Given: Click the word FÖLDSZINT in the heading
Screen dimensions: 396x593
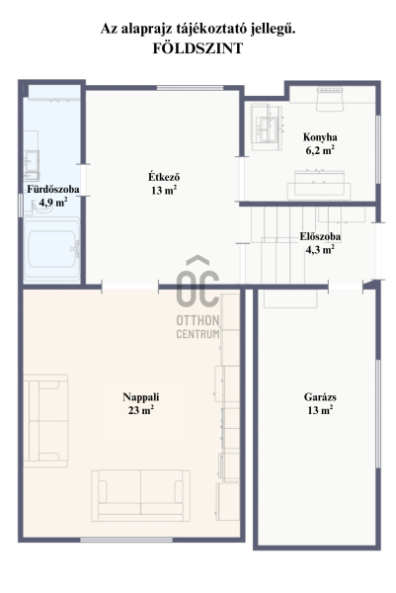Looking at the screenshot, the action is [x=198, y=48].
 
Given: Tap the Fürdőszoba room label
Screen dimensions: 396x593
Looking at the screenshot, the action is [x=53, y=189].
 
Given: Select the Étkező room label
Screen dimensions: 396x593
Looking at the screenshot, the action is [x=164, y=177].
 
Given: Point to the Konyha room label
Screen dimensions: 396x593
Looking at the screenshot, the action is [x=320, y=137].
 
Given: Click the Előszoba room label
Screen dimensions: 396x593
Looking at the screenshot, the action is [x=320, y=236].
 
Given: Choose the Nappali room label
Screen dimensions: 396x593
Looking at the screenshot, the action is [x=140, y=396].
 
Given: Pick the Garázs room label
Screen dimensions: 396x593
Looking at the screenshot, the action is [x=320, y=396].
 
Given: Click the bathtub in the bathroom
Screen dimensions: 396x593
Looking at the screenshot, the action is [x=51, y=249].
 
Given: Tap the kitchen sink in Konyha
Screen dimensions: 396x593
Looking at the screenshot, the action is [x=268, y=128].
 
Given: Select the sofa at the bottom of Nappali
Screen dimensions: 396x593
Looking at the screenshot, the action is [x=140, y=495].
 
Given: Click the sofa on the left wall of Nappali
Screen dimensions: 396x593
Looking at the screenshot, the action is [x=45, y=421].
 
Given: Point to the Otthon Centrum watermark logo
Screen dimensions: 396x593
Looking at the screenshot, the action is [x=198, y=296].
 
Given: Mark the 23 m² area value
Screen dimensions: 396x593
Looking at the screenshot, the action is [x=140, y=410].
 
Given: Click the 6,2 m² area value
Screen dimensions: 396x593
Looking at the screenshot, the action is [x=320, y=150].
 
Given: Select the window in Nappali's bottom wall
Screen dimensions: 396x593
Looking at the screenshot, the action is [x=126, y=540].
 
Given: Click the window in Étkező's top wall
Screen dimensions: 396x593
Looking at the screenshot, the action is [x=190, y=88].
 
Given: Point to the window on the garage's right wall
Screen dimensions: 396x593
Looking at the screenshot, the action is [x=378, y=414].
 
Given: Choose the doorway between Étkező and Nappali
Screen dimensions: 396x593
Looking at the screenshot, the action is [x=130, y=287].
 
